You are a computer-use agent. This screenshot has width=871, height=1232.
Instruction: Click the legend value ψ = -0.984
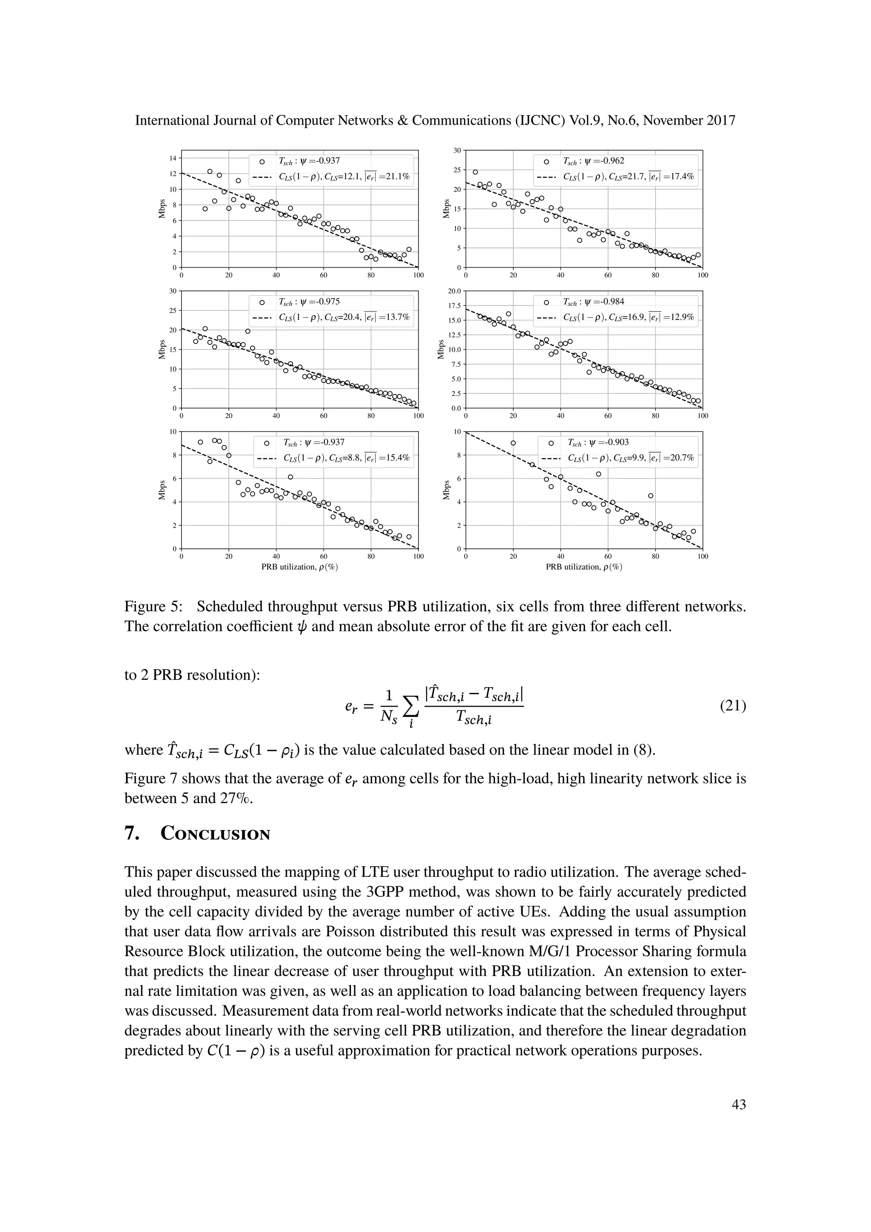pos(593,302)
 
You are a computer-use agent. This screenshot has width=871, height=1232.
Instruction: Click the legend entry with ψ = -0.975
pos(309,302)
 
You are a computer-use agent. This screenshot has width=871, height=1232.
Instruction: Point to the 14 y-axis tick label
pos(173,158)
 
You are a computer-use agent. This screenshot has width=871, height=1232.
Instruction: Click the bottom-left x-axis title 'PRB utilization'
pos(299,567)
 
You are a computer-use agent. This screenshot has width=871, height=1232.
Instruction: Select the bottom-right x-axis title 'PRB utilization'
pos(584,567)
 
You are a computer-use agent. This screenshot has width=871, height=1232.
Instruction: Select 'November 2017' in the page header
pos(689,120)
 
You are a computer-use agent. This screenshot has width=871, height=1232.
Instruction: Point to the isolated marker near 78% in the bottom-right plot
pos(651,496)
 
